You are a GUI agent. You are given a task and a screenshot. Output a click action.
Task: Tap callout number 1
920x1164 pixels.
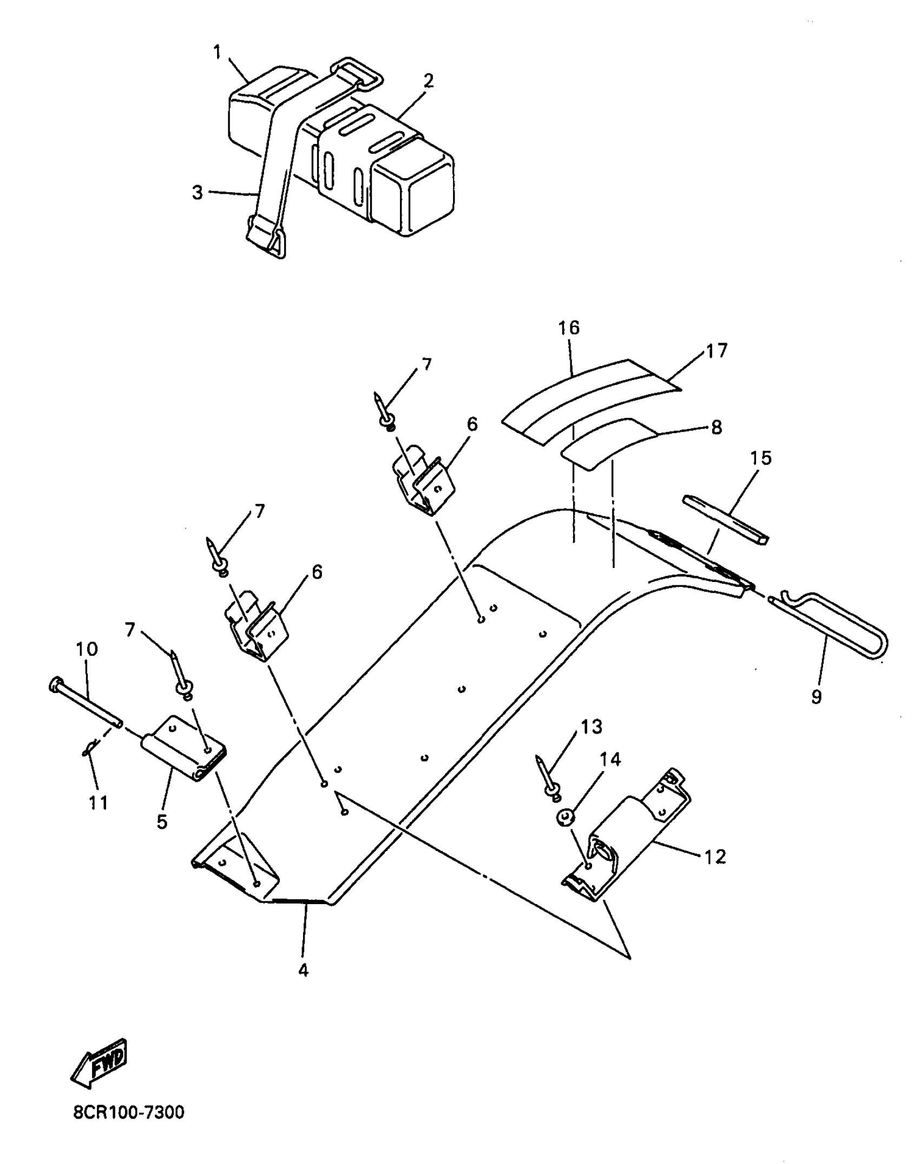[217, 53]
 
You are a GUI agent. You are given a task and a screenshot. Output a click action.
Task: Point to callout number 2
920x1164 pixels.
[428, 81]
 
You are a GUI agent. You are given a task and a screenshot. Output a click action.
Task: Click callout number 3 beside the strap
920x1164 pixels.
[198, 192]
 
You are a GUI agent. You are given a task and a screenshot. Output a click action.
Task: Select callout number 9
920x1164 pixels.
[817, 696]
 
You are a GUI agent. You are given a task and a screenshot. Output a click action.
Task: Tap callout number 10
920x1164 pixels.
[87, 649]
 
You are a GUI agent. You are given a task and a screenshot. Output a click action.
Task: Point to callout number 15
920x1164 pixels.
[760, 458]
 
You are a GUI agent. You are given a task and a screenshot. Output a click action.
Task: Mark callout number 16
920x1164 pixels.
[569, 328]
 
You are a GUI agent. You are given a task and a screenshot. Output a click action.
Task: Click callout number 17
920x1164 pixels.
[717, 351]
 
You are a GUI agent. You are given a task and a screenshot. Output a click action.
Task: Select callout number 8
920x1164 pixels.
[716, 427]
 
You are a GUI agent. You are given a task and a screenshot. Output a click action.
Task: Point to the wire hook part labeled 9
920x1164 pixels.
[833, 628]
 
